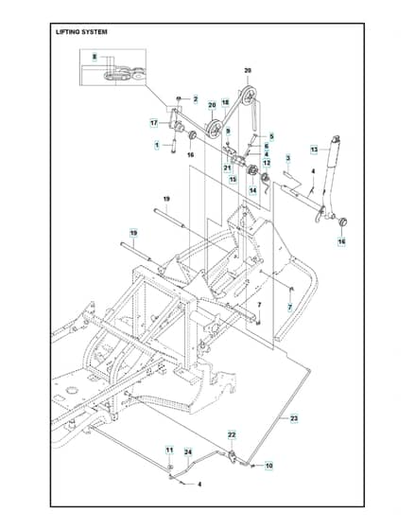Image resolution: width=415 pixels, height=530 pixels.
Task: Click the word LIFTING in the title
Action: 67,32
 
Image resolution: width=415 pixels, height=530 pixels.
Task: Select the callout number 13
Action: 314,150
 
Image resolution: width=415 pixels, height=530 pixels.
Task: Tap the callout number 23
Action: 294,418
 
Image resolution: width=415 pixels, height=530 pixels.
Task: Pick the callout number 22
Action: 232,434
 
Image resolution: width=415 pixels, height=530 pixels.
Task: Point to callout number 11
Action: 169,450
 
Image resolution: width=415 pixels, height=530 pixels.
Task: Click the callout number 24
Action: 188,452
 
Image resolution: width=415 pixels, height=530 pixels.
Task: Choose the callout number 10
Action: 268,466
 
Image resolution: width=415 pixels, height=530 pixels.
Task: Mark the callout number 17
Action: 154,123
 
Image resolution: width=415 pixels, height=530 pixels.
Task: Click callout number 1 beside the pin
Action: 156,146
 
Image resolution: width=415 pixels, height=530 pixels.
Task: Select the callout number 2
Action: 196,99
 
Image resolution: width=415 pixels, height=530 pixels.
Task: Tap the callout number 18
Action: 225,102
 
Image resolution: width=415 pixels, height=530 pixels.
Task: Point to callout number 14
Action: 253,190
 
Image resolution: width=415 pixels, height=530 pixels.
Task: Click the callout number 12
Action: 267,163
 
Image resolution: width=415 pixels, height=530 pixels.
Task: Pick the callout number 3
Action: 288,158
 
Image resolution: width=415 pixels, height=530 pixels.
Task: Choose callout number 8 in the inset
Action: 95,57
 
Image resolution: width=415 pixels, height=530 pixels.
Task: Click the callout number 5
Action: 271,136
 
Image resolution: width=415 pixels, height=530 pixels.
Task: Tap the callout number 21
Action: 227,168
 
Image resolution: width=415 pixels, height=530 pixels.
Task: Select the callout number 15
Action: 233,179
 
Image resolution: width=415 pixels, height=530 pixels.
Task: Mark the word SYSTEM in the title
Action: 95,32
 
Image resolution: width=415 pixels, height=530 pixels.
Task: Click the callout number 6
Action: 267,146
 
